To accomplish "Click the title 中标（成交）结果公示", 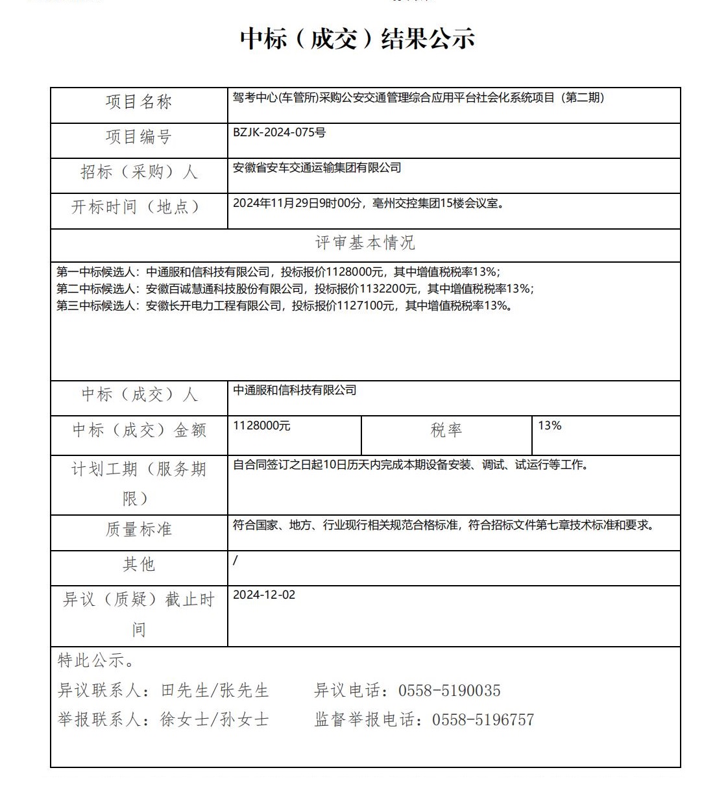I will [357, 39].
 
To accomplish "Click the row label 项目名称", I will [139, 102].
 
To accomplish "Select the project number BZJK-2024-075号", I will [279, 133].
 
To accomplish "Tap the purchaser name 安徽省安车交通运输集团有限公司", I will [317, 168].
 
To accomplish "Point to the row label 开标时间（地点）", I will [136, 207].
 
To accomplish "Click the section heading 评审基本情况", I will [365, 243].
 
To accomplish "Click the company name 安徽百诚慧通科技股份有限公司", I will [224, 289].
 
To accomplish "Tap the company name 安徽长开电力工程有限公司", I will [213, 306].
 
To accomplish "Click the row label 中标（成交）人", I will [139, 394].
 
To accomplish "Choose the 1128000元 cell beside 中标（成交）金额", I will [261, 426].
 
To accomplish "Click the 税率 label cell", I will [446, 430].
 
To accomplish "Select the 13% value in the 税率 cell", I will [550, 426].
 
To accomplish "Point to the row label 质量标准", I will [139, 529].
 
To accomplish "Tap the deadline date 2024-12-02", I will [263, 595].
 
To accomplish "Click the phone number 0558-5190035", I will [449, 691].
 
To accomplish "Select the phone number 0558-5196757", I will [483, 720].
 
